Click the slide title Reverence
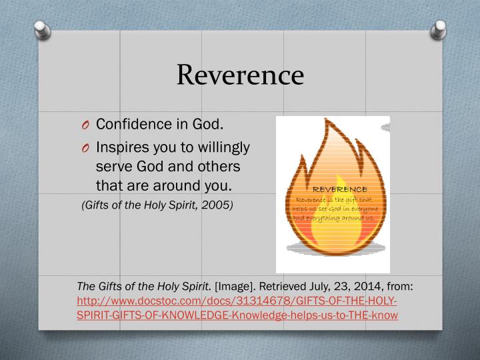point(239,75)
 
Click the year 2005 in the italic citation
point(217,205)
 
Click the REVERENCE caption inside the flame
point(335,189)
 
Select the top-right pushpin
point(441,29)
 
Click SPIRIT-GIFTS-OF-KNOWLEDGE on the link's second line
point(143,314)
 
